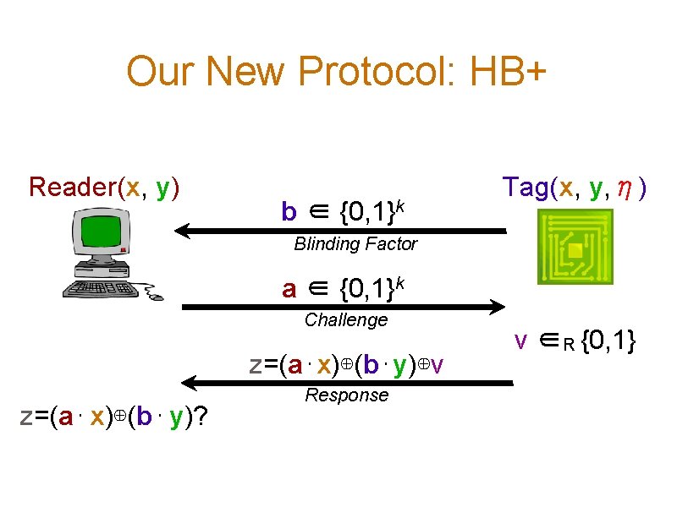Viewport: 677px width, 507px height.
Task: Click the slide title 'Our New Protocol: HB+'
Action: pos(337,73)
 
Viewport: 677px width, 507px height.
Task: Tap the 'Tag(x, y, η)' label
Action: pos(575,186)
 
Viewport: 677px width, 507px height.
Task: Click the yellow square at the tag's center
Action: pos(575,250)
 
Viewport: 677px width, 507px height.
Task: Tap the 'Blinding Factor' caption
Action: pos(355,244)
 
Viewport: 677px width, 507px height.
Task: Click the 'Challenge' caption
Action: pos(345,319)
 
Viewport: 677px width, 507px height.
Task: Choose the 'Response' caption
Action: pos(346,395)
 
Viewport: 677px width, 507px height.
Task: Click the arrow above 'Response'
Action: pos(347,384)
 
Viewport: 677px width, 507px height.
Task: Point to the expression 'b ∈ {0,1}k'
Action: pos(342,210)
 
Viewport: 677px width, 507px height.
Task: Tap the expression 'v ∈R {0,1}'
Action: pos(575,341)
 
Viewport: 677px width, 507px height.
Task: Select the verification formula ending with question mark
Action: pos(116,417)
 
